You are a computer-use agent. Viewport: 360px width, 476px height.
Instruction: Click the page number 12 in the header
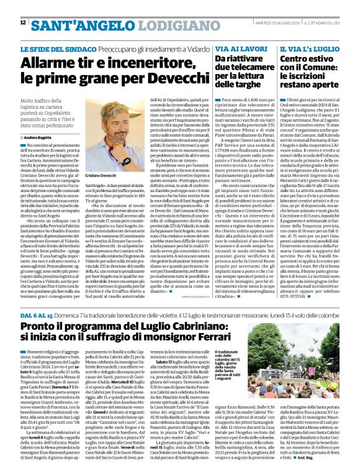click(23, 22)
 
